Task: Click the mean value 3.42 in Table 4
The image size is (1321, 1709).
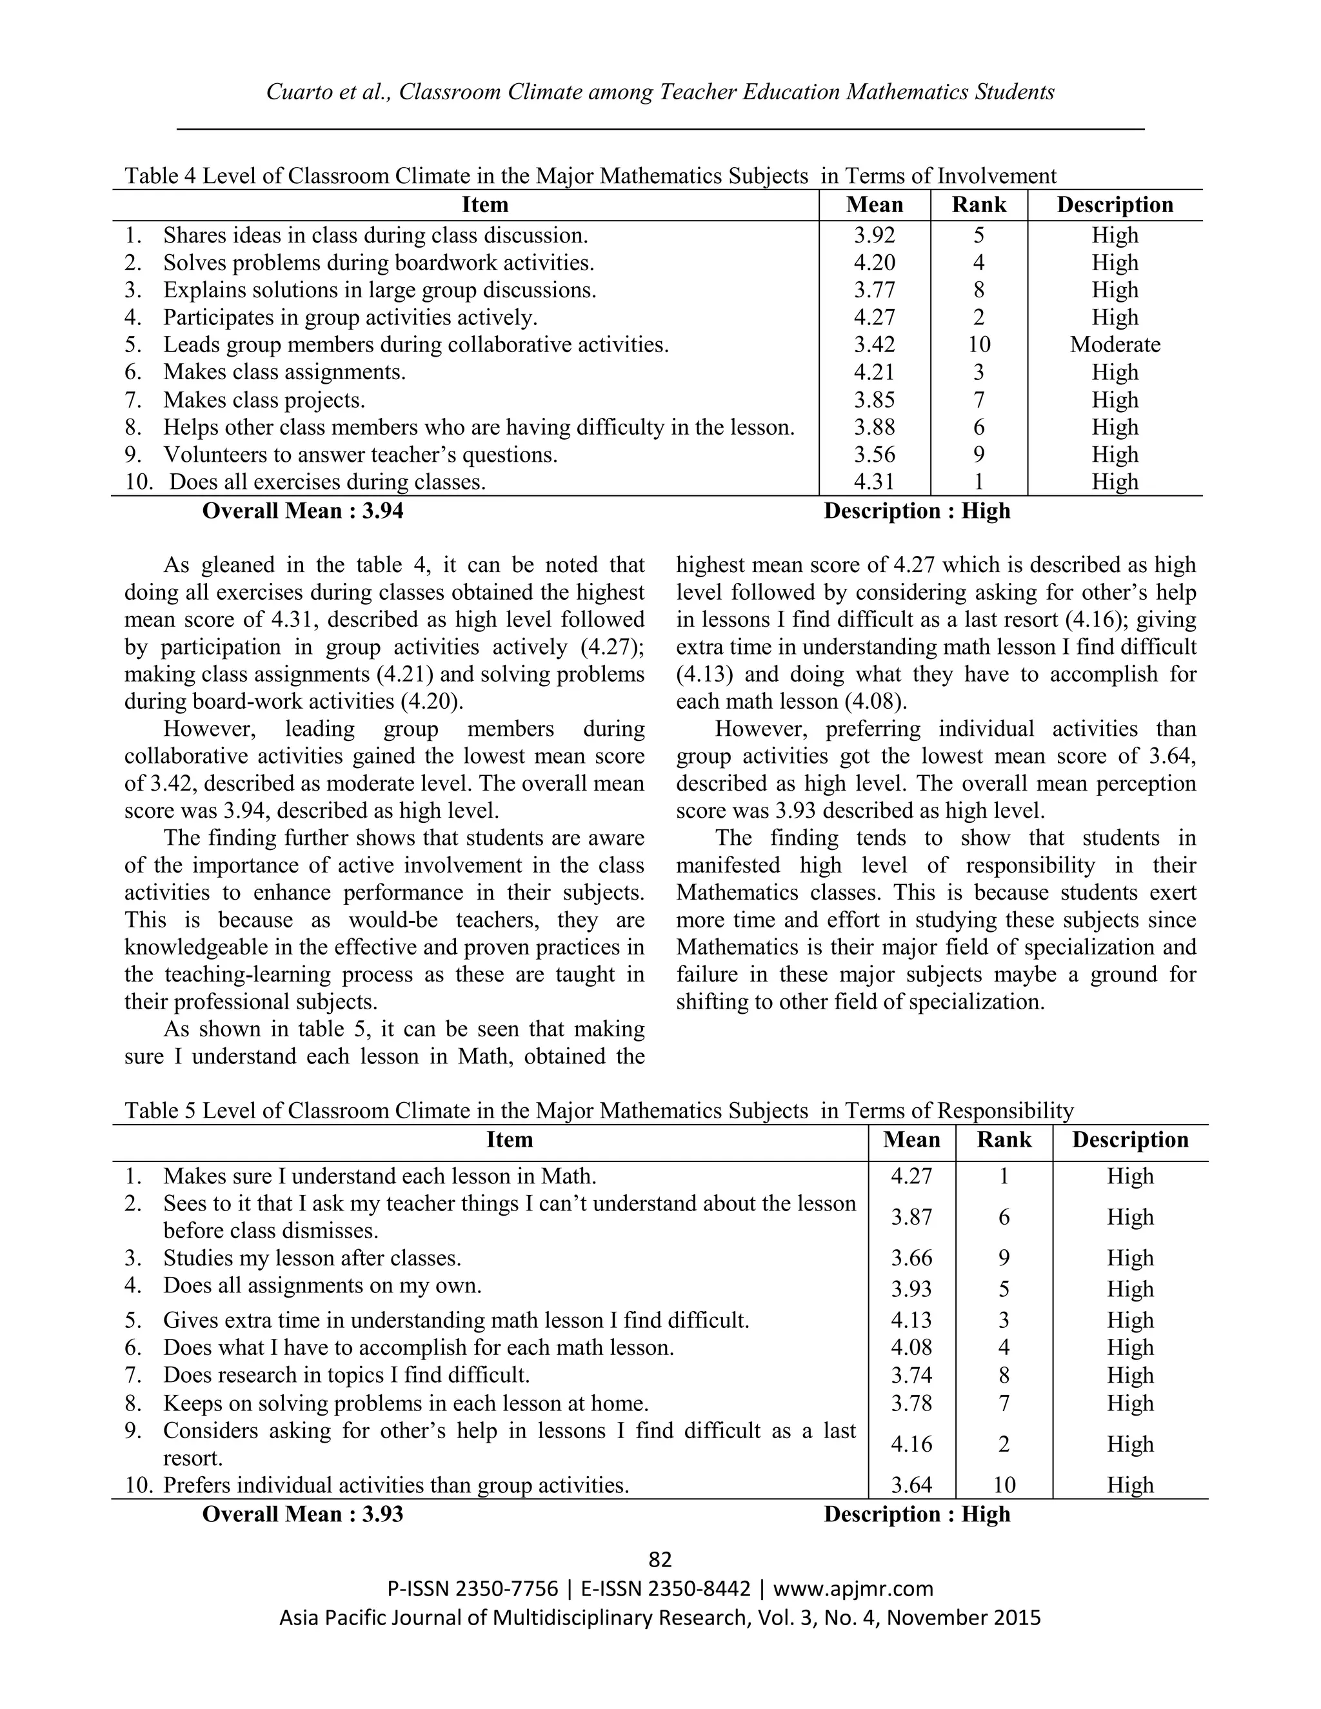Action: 874,345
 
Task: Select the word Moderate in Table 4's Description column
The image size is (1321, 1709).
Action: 1115,345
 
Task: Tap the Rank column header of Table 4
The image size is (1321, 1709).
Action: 978,205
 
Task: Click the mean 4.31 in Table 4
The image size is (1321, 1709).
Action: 874,482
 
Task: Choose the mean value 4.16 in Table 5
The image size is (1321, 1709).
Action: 911,1445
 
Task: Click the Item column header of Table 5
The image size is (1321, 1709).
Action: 510,1140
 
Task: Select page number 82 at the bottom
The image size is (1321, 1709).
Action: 660,1560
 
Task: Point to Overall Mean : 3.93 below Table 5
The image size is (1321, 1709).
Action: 303,1514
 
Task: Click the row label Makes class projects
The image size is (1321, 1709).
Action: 264,400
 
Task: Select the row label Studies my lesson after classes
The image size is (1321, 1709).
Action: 312,1258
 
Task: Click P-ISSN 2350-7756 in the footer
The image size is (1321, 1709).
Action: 473,1589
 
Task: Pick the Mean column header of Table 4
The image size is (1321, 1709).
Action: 874,205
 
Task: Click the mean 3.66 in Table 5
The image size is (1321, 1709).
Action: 911,1258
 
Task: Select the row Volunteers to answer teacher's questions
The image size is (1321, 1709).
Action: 360,455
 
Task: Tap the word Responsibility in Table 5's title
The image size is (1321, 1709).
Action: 1005,1111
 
